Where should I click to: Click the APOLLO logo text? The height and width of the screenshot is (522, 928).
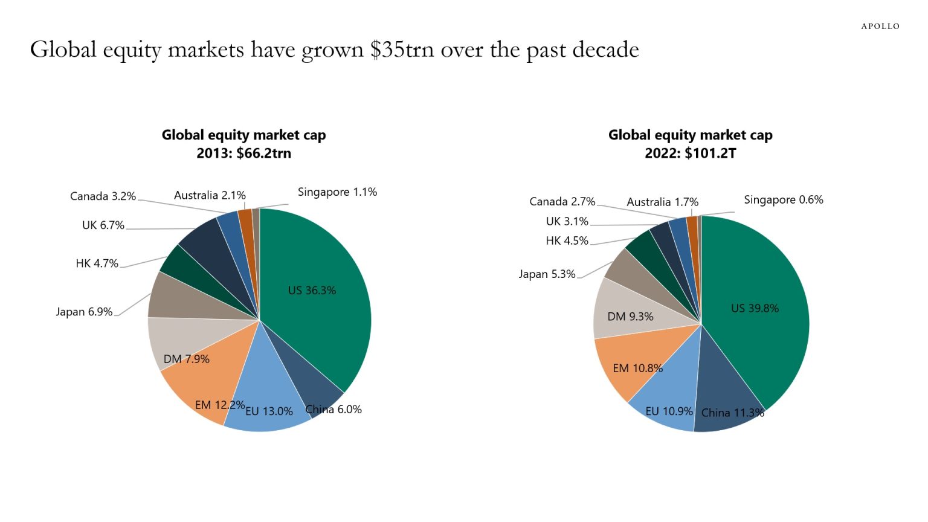pos(880,26)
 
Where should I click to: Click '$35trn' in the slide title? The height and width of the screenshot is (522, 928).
pos(402,50)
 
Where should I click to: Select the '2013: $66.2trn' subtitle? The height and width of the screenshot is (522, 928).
pos(243,153)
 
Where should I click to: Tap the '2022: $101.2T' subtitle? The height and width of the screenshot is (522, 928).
pos(690,153)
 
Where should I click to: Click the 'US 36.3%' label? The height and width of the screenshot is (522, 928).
pos(312,291)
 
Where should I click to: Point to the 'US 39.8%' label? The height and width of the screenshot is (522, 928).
pos(755,308)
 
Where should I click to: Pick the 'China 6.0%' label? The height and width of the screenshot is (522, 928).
pos(333,410)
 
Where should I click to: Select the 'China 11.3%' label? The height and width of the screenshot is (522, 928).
pos(732,413)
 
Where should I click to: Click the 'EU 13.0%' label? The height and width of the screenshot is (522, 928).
pos(269,411)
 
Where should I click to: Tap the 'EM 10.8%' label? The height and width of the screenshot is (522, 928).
pos(637,368)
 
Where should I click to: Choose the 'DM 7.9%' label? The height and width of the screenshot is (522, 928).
pos(186,359)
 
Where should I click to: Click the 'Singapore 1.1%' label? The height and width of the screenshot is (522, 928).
pos(337,192)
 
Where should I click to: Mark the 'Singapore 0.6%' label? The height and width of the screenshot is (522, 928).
pos(783,200)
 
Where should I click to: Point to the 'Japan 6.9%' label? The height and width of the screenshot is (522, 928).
pos(84,312)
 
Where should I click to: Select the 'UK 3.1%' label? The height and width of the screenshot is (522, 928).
pos(567,222)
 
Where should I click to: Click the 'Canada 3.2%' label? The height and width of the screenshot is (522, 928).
pos(103,196)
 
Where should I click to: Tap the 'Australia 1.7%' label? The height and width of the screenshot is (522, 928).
pos(662,202)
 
